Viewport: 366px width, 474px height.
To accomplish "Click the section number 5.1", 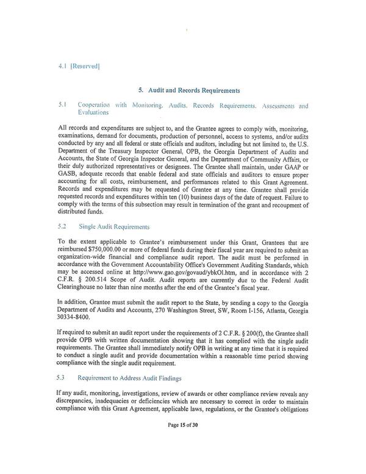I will pos(62,105).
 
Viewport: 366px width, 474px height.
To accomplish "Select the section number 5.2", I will pos(62,224).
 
